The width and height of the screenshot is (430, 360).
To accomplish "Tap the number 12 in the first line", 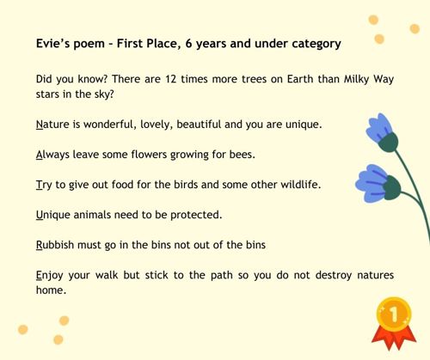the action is [170, 79].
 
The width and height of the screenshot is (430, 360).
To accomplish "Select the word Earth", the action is [300, 79].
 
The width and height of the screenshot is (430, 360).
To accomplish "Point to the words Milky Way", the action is [369, 80].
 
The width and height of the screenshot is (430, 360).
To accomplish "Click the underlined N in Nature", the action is [40, 125].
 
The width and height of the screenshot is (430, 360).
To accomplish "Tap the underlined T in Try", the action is [39, 185].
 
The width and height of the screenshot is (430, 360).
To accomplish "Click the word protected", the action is [196, 215].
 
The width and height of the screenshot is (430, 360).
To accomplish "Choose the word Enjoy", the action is [49, 276].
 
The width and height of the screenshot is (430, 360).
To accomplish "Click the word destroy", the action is [334, 276].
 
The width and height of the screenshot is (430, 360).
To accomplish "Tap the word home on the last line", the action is [51, 290].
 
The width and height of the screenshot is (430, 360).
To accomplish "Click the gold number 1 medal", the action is [394, 314].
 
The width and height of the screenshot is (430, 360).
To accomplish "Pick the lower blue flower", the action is [377, 183].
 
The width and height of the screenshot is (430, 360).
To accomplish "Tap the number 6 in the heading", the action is [188, 44].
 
